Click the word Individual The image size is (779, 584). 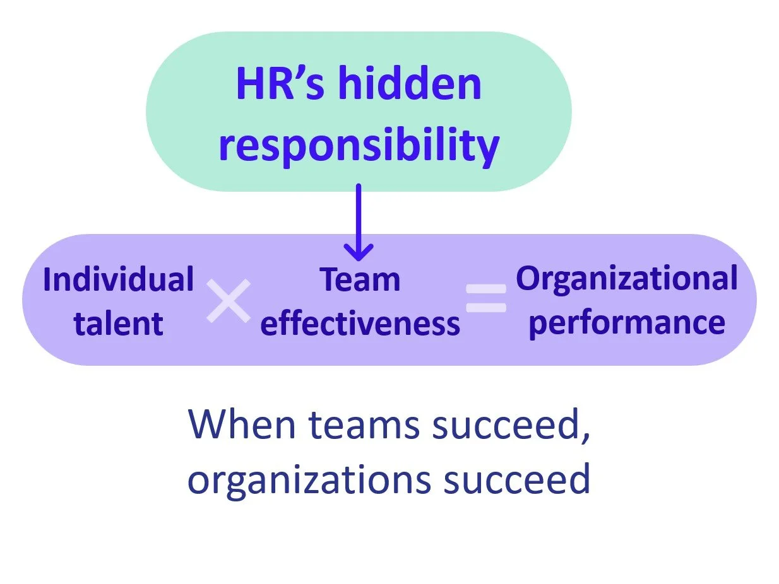(118, 279)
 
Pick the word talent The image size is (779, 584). (118, 323)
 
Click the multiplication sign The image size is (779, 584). (228, 301)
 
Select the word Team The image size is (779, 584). (360, 279)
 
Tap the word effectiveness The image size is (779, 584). (360, 323)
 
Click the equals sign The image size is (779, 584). (486, 298)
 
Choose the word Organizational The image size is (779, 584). (626, 278)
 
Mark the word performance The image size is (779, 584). (626, 323)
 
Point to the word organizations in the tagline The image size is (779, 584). (309, 479)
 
